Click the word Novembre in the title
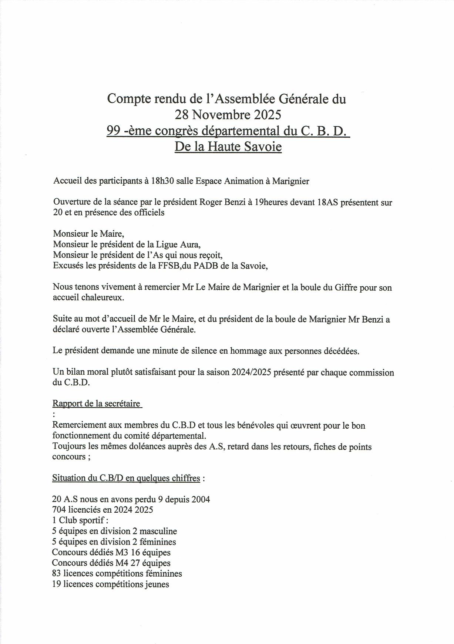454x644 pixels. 220,115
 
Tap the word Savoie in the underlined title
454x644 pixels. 263,147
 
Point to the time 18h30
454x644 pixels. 162,181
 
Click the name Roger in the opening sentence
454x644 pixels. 211,202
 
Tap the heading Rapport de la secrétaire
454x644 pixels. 97,404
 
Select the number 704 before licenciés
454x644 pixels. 59,510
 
